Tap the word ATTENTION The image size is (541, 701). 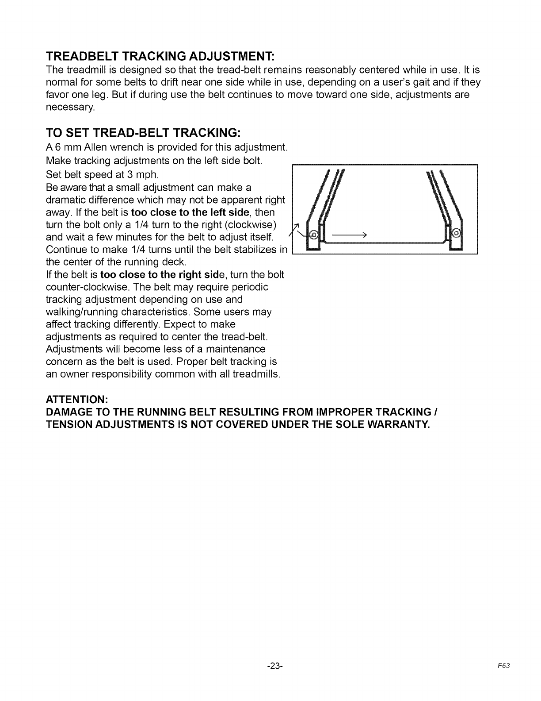click(x=80, y=400)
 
